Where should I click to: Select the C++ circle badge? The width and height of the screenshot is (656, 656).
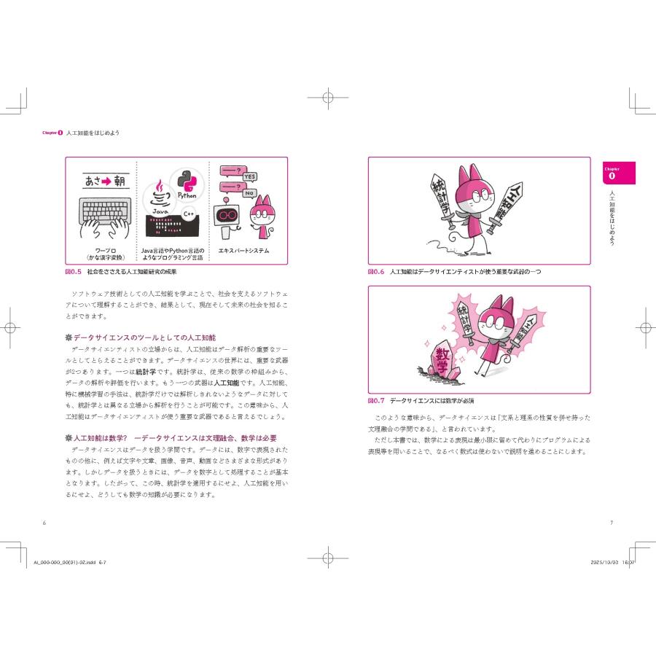(x=189, y=214)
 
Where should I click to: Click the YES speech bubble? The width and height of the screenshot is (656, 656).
(x=249, y=176)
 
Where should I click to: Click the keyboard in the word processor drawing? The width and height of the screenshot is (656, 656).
(x=106, y=211)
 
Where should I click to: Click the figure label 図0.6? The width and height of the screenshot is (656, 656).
(x=375, y=271)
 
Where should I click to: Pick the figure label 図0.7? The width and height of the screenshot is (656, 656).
(x=375, y=401)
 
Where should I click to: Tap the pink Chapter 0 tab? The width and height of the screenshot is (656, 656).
(x=612, y=173)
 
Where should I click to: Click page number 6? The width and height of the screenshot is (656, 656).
(x=44, y=522)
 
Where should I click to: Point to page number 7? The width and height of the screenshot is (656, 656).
(x=611, y=522)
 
